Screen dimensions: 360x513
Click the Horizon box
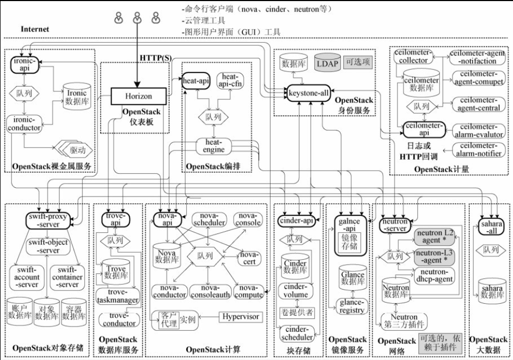pyautogui.click(x=139, y=96)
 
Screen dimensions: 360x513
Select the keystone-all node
pyautogui.click(x=308, y=93)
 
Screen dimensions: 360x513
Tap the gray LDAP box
pyautogui.click(x=327, y=64)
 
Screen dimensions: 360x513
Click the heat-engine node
pyautogui.click(x=214, y=145)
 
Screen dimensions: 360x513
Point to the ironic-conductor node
pyautogui.click(x=24, y=124)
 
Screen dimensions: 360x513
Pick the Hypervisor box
pyautogui.click(x=239, y=317)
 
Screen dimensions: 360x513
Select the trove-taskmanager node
pyautogui.click(x=118, y=296)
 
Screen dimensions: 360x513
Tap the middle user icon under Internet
pyautogui.click(x=136, y=18)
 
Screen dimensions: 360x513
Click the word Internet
pyautogui.click(x=35, y=29)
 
